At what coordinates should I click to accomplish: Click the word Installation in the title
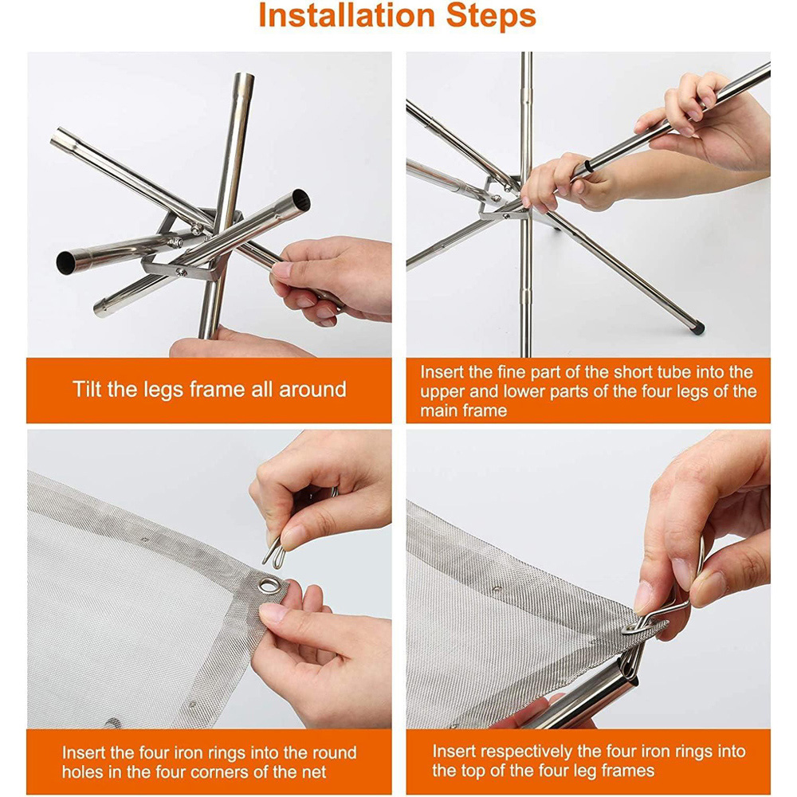[x=348, y=16]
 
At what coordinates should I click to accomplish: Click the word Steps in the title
[x=492, y=16]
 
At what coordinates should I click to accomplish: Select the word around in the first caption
[x=312, y=390]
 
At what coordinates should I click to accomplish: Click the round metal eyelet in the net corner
[x=269, y=585]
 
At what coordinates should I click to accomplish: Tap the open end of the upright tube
[x=243, y=79]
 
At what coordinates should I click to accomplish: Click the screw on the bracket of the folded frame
[x=180, y=273]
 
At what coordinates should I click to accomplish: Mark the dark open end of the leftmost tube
[x=65, y=263]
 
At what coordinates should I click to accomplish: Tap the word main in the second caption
[x=437, y=410]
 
